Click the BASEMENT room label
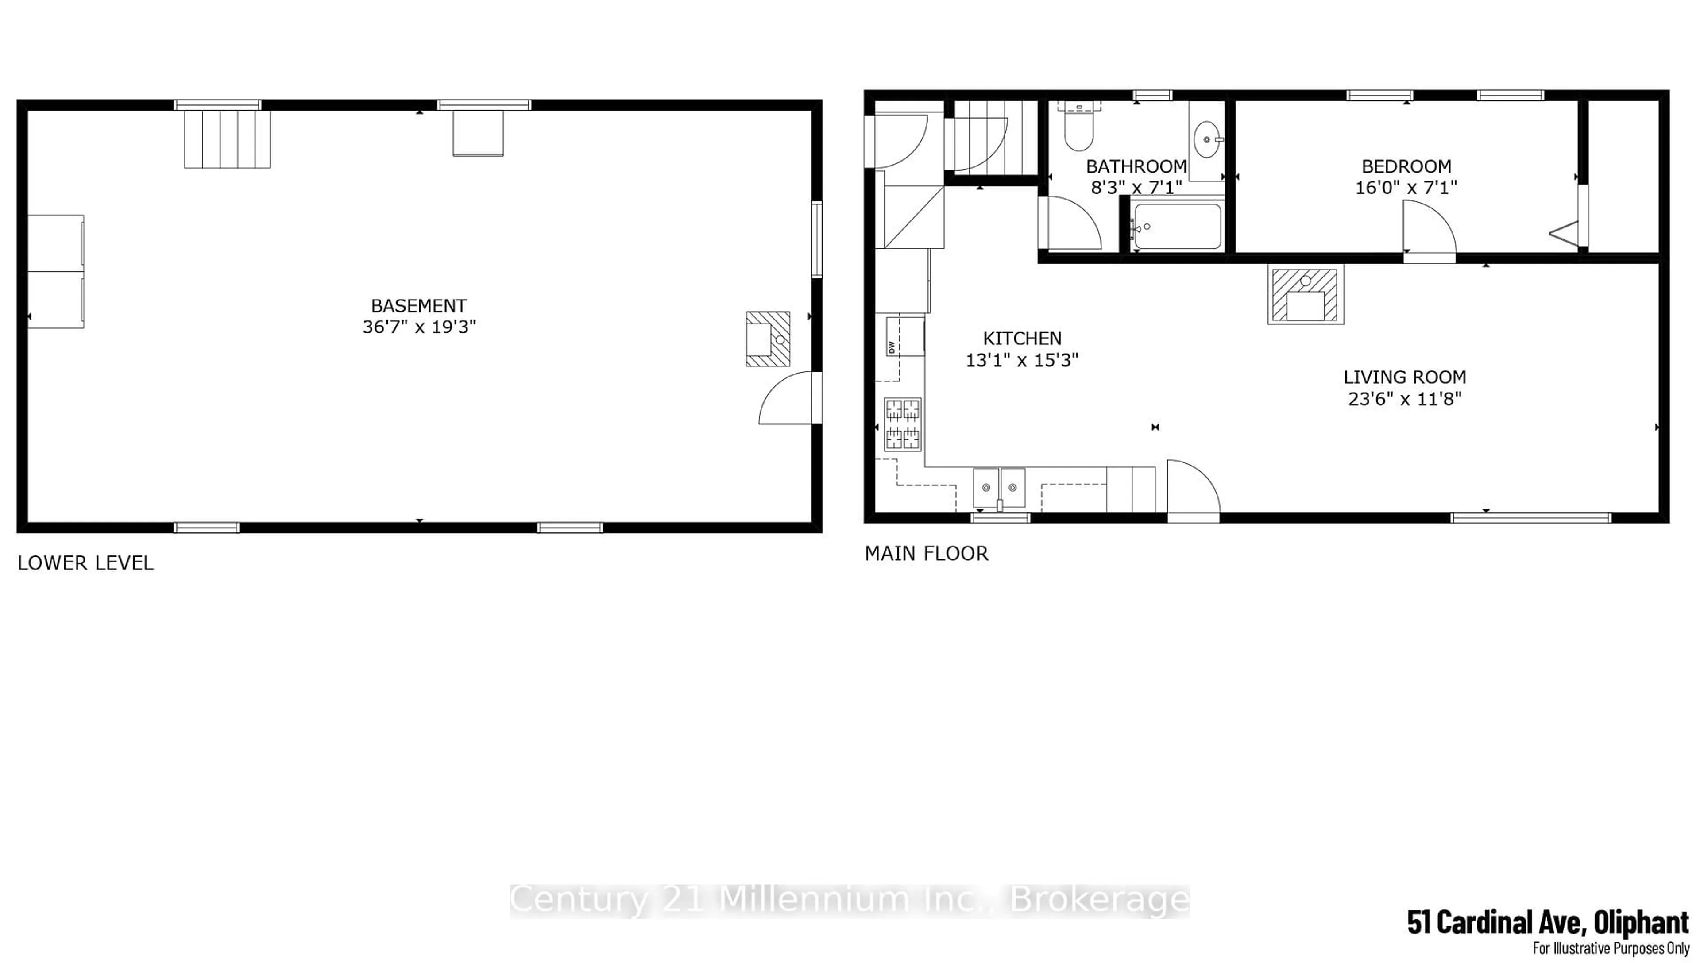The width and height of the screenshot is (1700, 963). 419,305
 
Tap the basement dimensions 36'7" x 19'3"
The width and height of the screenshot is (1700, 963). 419,327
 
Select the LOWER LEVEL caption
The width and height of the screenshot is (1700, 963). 85,563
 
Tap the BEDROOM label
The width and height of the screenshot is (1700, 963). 1406,166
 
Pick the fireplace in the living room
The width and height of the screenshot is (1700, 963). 1306,294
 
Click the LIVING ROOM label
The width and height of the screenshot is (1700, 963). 1404,377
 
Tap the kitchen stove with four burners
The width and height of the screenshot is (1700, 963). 902,424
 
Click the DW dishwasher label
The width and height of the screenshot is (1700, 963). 892,347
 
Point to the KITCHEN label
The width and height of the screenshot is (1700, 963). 1022,339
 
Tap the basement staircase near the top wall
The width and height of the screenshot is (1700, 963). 227,139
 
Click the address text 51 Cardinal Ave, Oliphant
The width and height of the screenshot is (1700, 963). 1548,921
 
